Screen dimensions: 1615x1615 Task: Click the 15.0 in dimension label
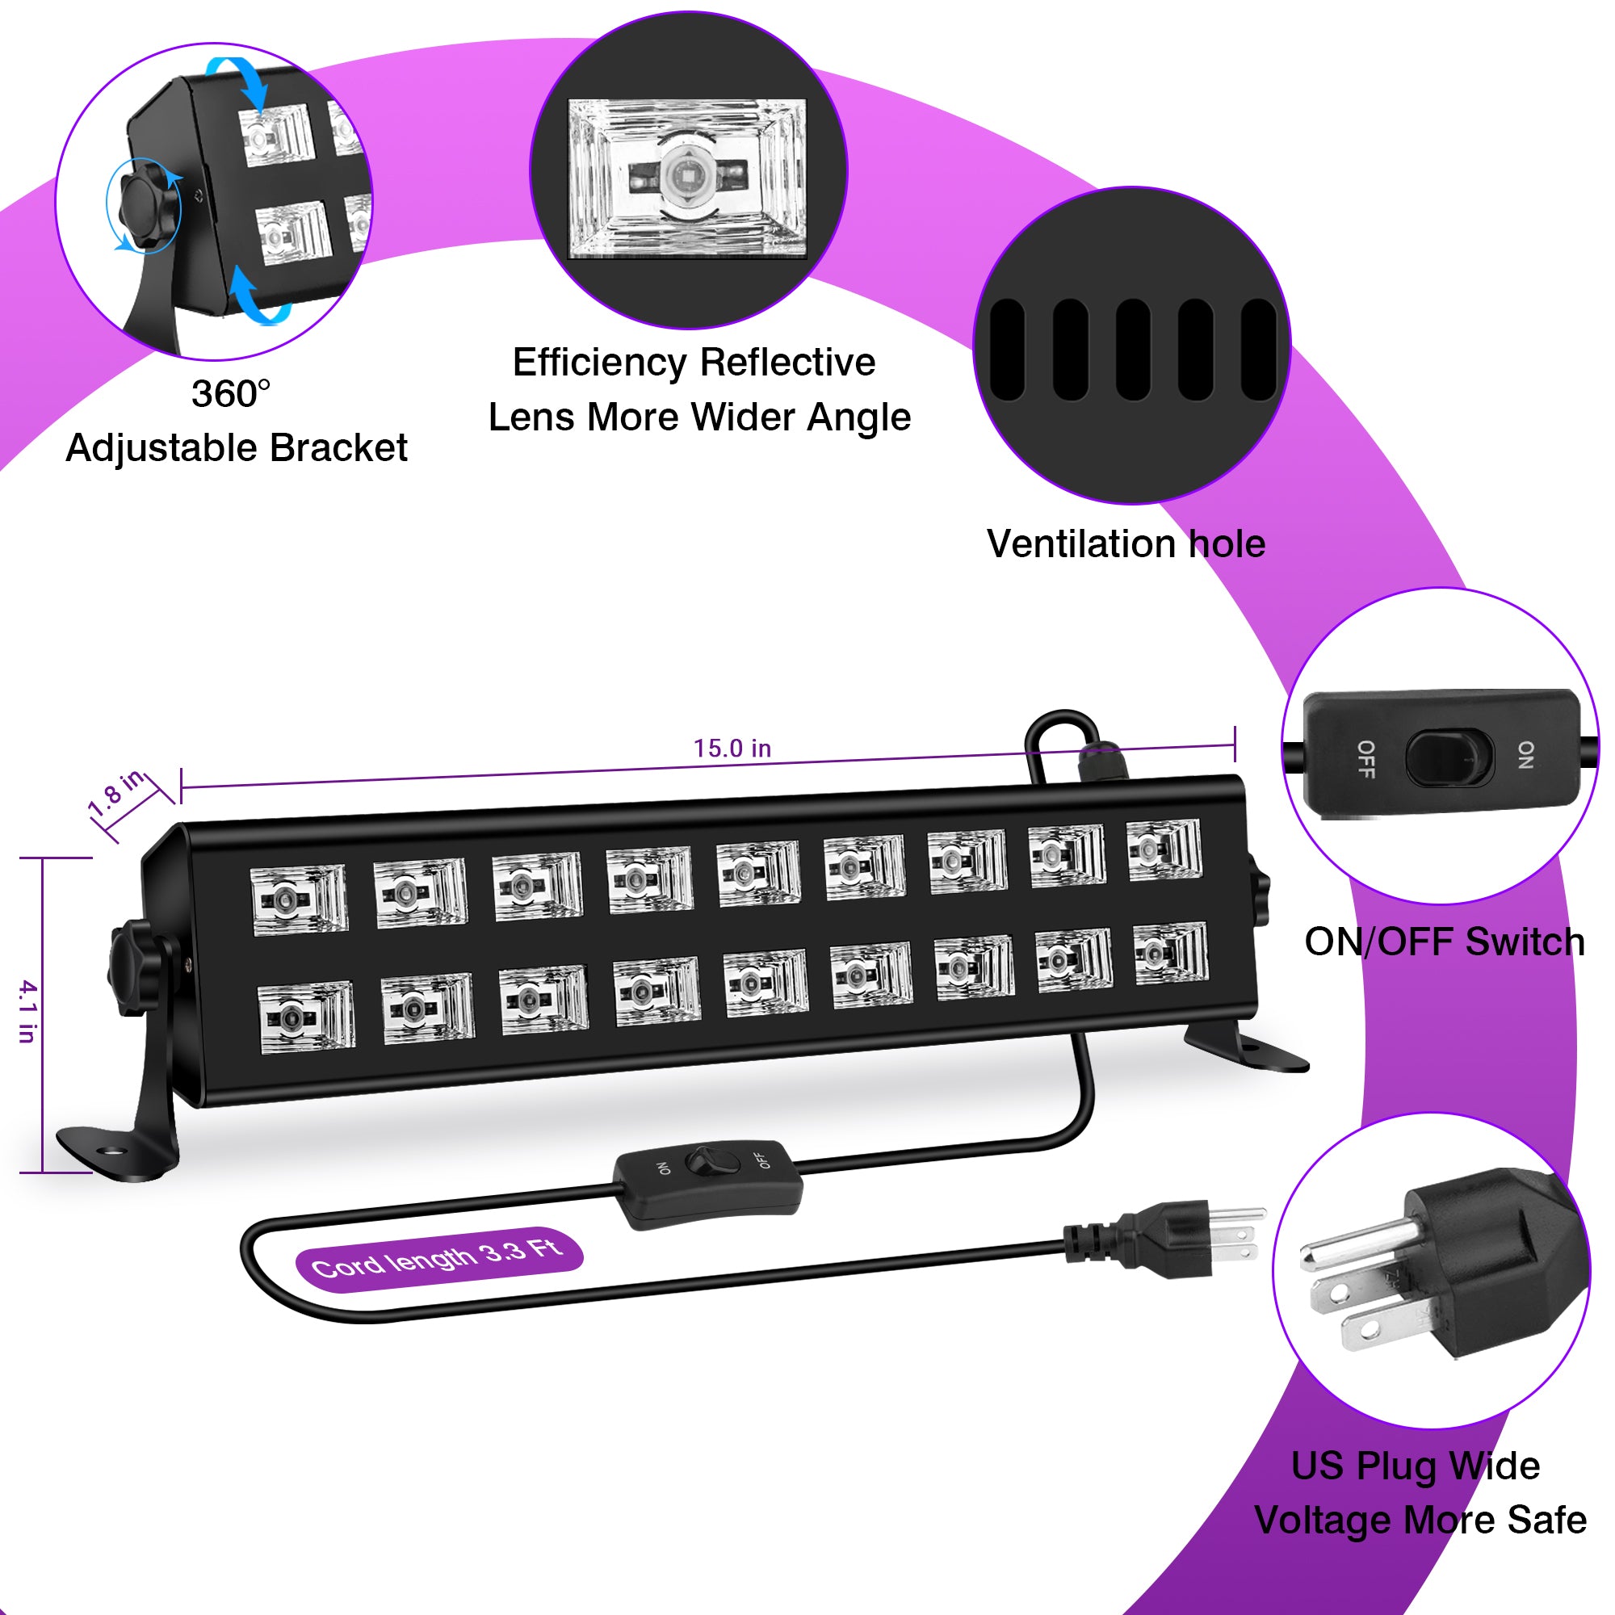click(732, 749)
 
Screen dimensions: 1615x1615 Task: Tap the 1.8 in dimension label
click(118, 791)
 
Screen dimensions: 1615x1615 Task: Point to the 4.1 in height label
click(27, 1012)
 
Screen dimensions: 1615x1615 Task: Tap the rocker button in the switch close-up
click(1449, 757)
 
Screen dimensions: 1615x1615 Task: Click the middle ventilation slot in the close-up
click(1133, 350)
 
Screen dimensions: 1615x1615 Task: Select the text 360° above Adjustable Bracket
click(231, 395)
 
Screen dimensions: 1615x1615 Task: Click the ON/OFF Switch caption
click(1444, 942)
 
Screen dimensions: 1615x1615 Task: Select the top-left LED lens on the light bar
click(299, 899)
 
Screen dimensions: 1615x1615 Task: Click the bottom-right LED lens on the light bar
click(1170, 953)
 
